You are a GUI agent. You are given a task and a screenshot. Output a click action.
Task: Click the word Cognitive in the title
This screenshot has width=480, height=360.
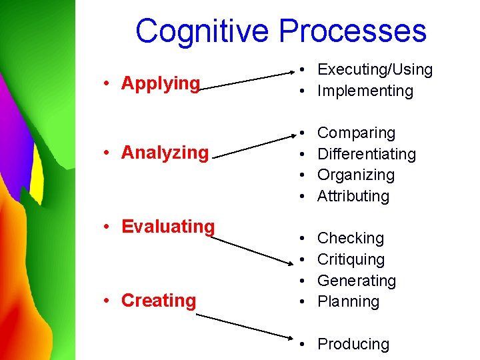click(203, 31)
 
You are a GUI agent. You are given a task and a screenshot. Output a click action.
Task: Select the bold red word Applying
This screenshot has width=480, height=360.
click(161, 83)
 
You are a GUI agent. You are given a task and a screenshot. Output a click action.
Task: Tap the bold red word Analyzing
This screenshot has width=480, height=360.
click(165, 153)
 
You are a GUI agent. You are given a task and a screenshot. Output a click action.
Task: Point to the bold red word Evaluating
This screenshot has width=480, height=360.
click(168, 227)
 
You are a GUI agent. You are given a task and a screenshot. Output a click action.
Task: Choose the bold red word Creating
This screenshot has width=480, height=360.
click(159, 301)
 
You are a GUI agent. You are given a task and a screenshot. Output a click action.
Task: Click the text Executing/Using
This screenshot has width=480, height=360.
click(375, 69)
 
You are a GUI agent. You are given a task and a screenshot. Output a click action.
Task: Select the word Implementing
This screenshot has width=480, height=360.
click(365, 91)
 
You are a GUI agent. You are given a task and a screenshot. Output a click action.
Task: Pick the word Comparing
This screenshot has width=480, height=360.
click(356, 133)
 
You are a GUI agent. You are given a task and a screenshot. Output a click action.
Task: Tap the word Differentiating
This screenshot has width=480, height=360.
click(367, 154)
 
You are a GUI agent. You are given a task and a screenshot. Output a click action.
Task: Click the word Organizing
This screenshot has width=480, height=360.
click(356, 175)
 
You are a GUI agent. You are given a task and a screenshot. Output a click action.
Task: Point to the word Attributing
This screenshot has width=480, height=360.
click(353, 196)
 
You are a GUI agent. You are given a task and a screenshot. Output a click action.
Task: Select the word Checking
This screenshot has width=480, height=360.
click(351, 238)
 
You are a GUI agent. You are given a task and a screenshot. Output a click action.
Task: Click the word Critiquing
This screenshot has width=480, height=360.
click(351, 259)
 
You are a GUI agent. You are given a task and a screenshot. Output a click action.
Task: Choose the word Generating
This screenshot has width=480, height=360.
click(357, 281)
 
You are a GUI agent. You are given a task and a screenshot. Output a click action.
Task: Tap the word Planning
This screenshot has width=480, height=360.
click(349, 301)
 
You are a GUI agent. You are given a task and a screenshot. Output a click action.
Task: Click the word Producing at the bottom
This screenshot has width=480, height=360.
click(353, 344)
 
